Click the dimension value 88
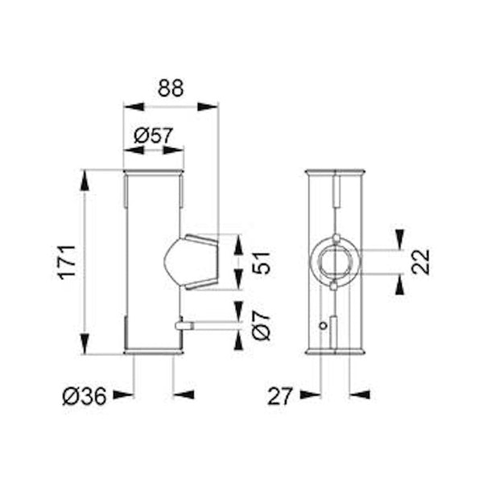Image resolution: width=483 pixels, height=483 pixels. pos(171,88)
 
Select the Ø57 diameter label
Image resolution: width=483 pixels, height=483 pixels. pos(154,135)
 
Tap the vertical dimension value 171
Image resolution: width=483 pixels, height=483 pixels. pos(67,262)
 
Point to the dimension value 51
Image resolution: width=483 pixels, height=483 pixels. pos(261,262)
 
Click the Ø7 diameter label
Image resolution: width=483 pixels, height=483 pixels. pos(261,325)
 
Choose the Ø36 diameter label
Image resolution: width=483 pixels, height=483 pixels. pos(85,396)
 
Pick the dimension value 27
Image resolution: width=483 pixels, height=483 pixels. pos(279,396)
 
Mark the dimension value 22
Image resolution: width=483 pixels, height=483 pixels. pos(420,262)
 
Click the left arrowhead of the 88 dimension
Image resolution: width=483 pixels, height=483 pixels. pos(134,107)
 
